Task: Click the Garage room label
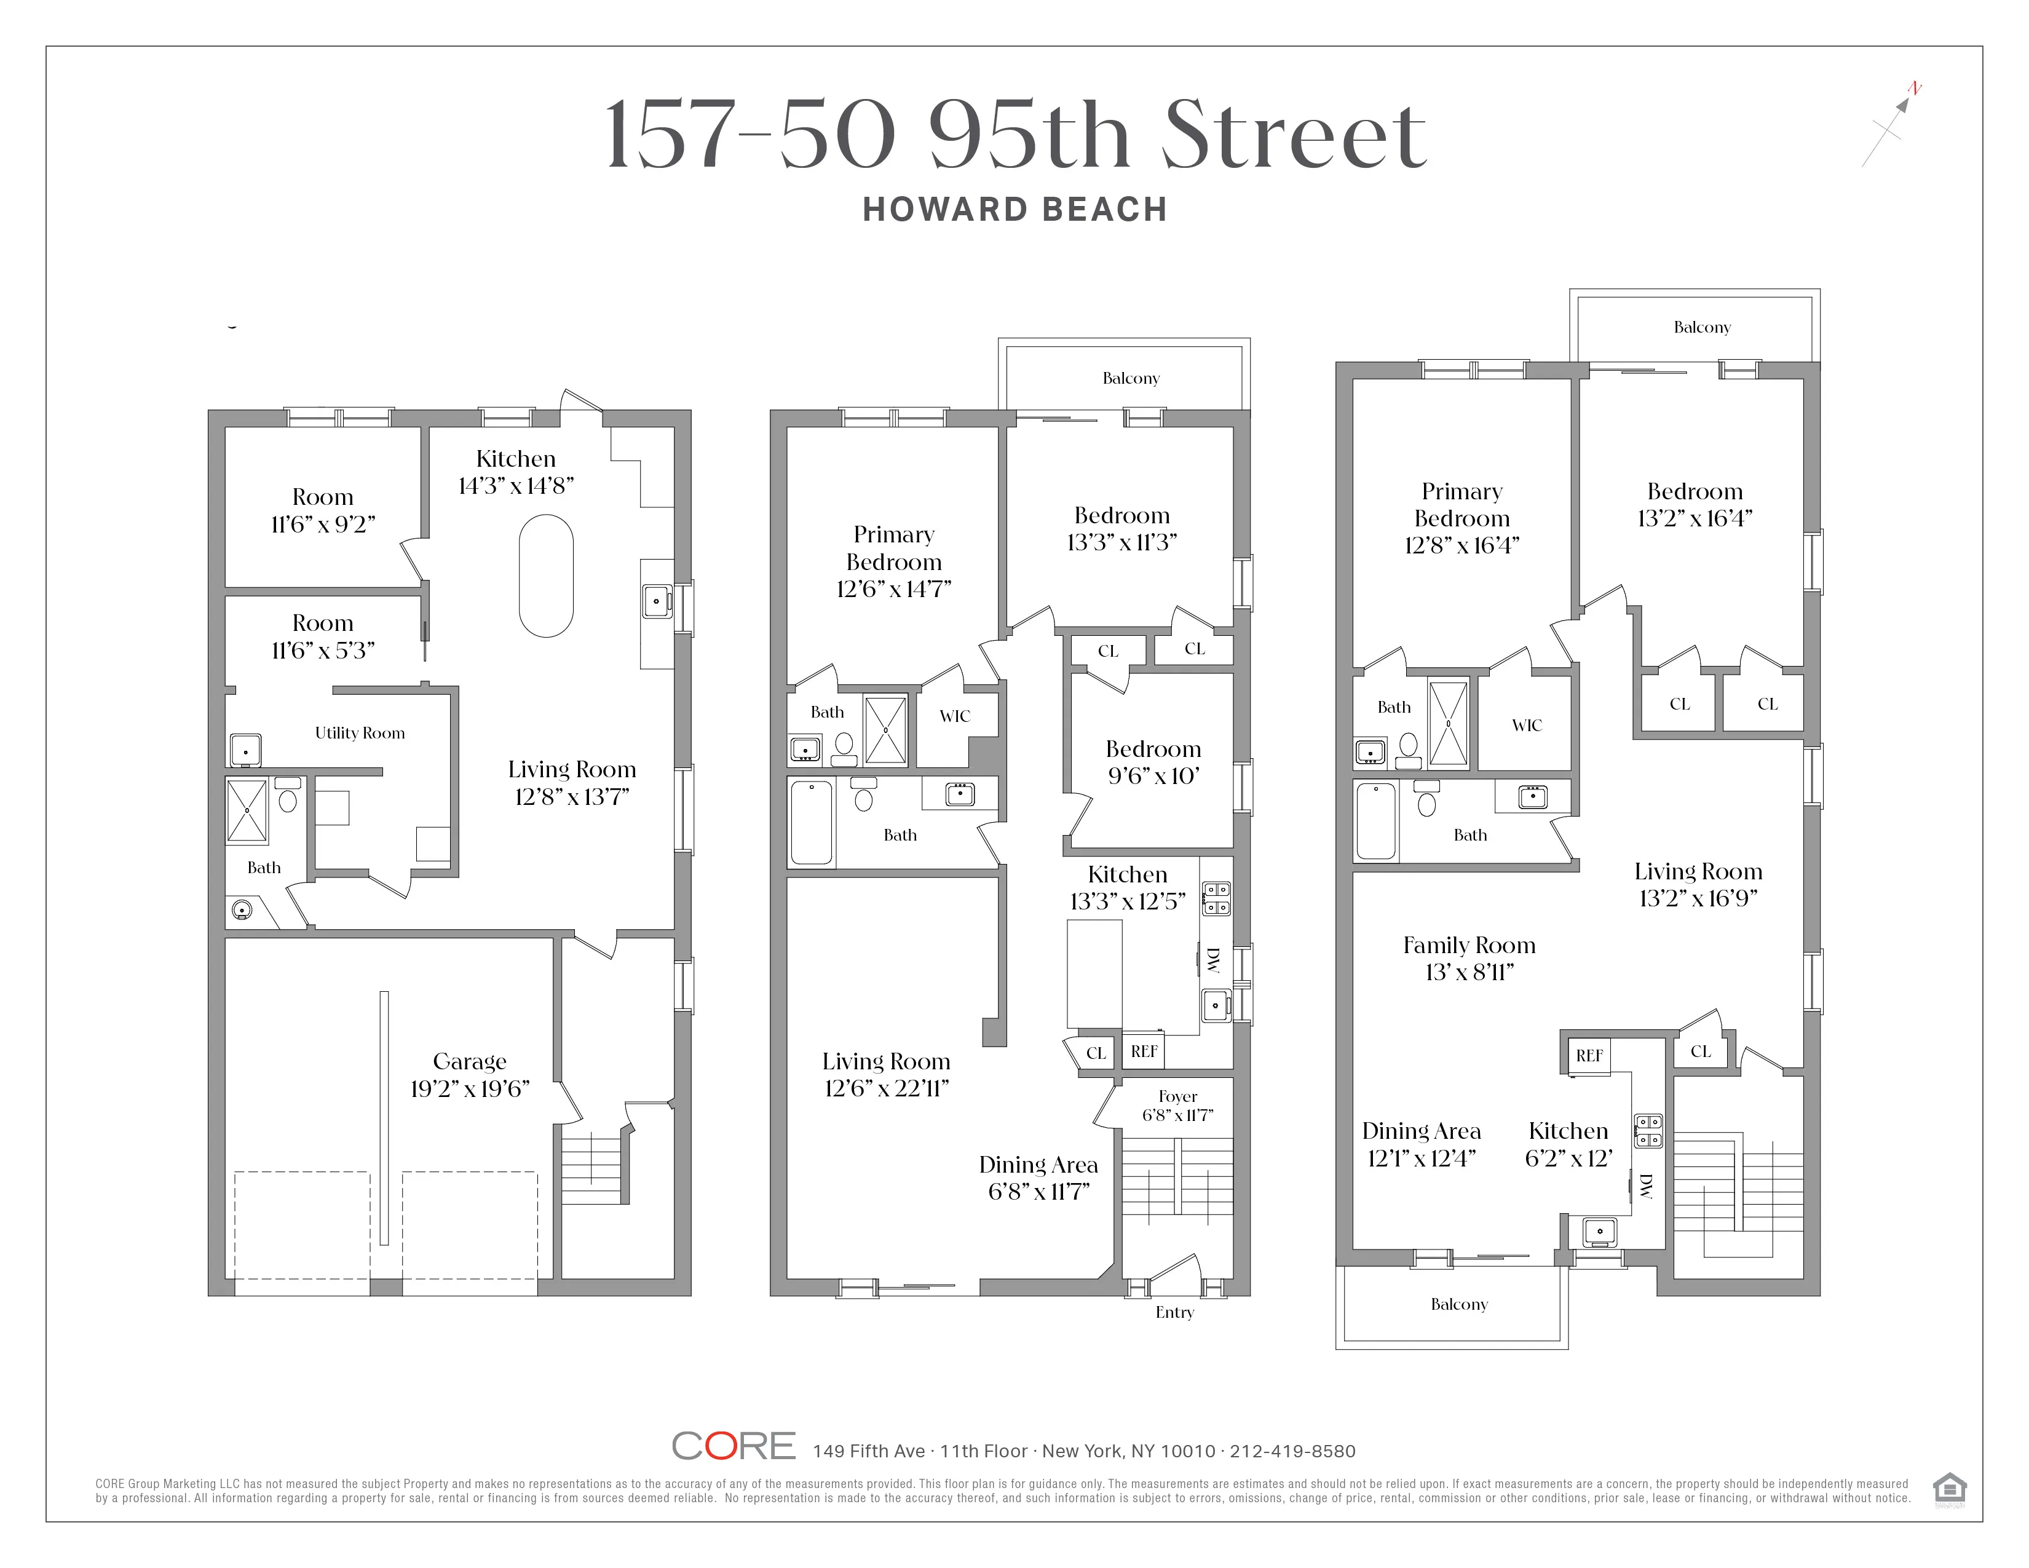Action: pos(469,1062)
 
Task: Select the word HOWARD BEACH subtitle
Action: pos(1014,210)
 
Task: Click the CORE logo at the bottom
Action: pos(733,1446)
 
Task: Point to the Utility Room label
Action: pos(360,733)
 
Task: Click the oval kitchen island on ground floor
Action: pos(546,576)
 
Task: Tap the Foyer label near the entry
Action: pos(1177,1097)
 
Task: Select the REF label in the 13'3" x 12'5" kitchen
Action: pos(1144,1051)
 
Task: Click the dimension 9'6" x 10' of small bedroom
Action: pos(1153,775)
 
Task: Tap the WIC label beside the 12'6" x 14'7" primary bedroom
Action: pos(954,716)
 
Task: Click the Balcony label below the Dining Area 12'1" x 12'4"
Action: pos(1458,1304)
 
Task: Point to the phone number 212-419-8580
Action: pos(1292,1451)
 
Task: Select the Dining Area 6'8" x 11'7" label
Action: pos(1038,1178)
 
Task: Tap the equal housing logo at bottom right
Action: pos(1949,1489)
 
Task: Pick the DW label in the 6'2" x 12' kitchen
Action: pos(1645,1186)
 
